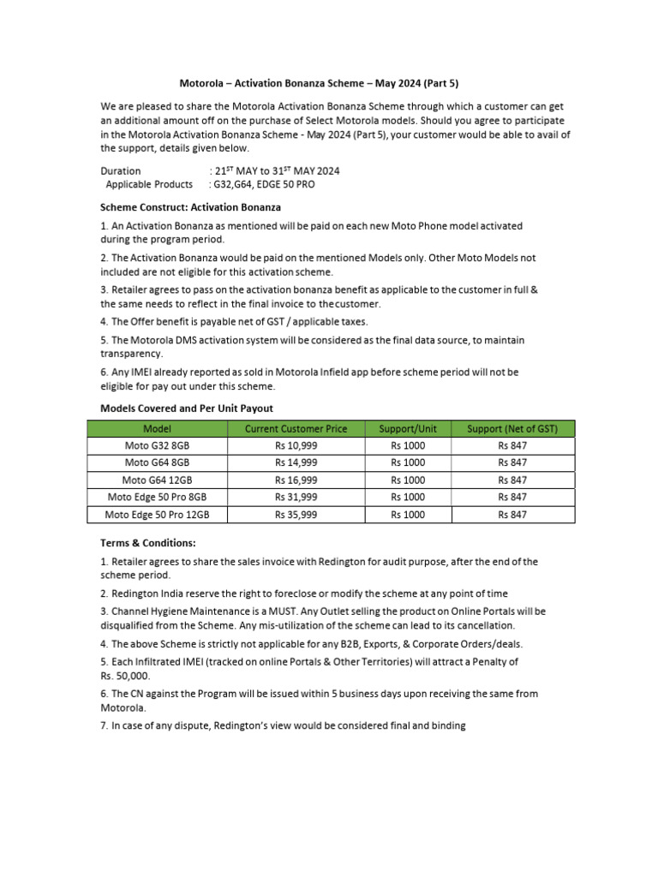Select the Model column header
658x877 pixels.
click(x=157, y=428)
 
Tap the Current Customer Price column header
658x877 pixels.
click(x=296, y=428)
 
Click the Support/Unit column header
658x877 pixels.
click(x=408, y=428)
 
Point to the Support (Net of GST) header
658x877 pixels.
click(x=512, y=428)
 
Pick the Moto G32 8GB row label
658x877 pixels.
click(x=157, y=445)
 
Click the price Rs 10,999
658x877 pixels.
click(x=296, y=445)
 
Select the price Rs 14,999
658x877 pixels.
click(x=296, y=462)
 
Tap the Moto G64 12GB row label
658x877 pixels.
click(x=157, y=480)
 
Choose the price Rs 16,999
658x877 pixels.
click(x=296, y=480)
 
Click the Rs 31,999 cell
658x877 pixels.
click(x=296, y=497)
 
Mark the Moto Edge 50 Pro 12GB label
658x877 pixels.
click(x=157, y=515)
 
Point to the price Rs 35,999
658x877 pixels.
click(x=296, y=515)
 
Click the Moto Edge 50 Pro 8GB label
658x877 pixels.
click(x=157, y=497)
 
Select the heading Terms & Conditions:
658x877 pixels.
click(x=148, y=542)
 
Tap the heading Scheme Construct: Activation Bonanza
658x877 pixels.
click(x=190, y=207)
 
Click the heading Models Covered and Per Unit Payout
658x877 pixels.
click(x=187, y=408)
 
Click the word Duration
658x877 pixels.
click(x=121, y=170)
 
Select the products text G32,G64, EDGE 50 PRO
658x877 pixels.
click(x=266, y=184)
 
